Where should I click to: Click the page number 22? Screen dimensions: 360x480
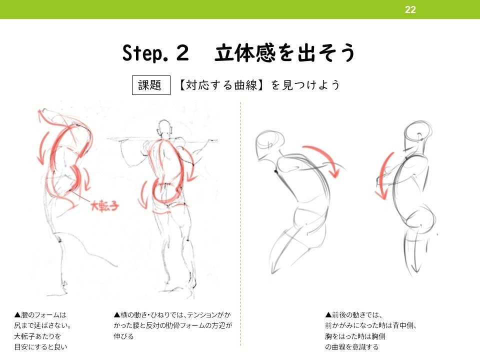(410, 9)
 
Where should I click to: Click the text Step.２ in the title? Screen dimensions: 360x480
(155, 53)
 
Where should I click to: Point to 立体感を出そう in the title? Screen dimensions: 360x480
(285, 53)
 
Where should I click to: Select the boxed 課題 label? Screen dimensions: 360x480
(149, 85)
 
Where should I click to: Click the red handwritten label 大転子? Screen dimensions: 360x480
(104, 205)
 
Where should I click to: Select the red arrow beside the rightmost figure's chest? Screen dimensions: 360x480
(383, 175)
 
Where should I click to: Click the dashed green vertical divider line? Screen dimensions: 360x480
(240, 225)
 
